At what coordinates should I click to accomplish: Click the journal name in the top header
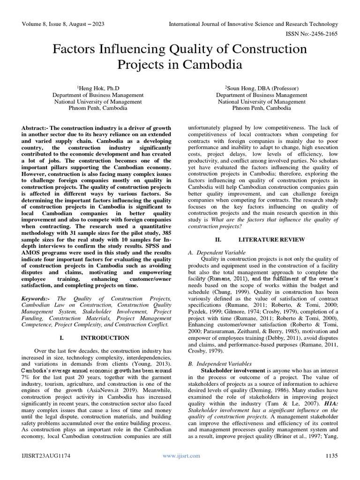(254, 24)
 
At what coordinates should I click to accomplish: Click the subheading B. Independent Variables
(220, 363)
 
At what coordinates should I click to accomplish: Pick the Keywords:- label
(38, 299)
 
